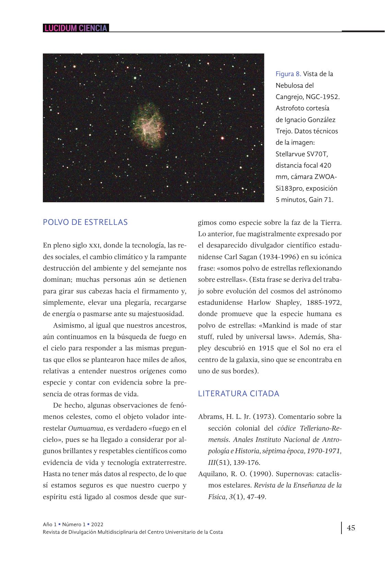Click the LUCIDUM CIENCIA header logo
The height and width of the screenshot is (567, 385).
coord(76,28)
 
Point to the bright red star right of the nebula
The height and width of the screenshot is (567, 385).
coord(222,138)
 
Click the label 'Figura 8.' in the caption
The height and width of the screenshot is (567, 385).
coord(288,74)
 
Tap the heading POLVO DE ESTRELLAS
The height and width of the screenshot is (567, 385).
coord(85,222)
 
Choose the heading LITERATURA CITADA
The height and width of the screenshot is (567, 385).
coord(239,394)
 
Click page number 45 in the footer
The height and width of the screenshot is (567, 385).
coord(351,528)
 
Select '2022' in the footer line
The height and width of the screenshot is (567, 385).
coord(97,524)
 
